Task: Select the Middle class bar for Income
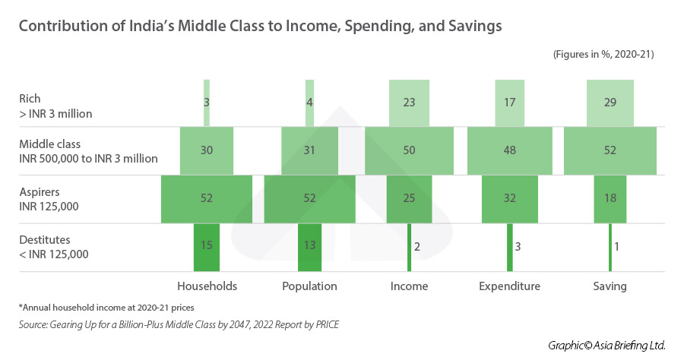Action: pos(409,150)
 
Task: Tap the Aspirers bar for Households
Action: pos(207,198)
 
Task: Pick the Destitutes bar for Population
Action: pos(309,247)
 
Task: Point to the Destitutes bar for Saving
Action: pos(610,247)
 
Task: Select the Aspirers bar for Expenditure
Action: pos(510,198)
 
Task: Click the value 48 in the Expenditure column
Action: pos(510,150)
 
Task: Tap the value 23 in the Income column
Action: pos(409,102)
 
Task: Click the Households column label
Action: pos(207,286)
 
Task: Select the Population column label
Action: pos(309,286)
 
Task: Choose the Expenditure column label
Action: pos(510,286)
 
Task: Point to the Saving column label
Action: pos(610,286)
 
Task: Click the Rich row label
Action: pos(30,99)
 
